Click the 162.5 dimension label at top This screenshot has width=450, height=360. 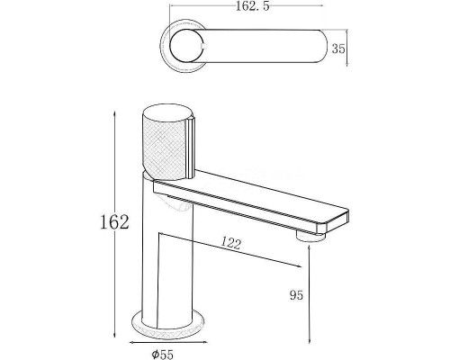tap(253, 6)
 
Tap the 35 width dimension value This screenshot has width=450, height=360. tap(338, 49)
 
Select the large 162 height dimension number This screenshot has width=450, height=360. tap(114, 222)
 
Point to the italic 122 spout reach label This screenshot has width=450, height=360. tap(231, 243)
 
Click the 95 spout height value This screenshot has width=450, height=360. tap(296, 295)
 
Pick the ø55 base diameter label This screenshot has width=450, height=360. tap(162, 355)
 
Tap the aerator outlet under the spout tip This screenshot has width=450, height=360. tap(310, 236)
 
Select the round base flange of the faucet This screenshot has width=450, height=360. tap(168, 326)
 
